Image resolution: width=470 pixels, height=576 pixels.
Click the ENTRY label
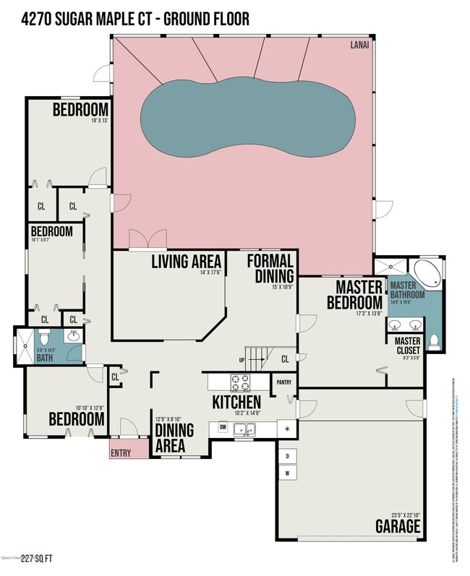(120, 452)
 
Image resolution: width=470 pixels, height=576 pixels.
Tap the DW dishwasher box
(223, 429)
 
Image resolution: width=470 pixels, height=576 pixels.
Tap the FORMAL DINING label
(270, 268)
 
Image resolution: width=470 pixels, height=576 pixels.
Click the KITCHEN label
(236, 402)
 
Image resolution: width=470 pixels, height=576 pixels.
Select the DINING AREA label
(175, 438)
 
